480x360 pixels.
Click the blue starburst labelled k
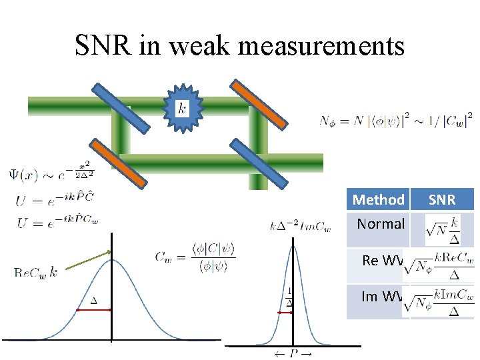[181, 106]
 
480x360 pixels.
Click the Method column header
[378, 199]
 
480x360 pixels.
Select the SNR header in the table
[441, 199]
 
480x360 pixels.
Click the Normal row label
[381, 224]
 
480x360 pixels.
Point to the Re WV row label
[382, 260]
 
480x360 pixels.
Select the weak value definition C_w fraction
[195, 257]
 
